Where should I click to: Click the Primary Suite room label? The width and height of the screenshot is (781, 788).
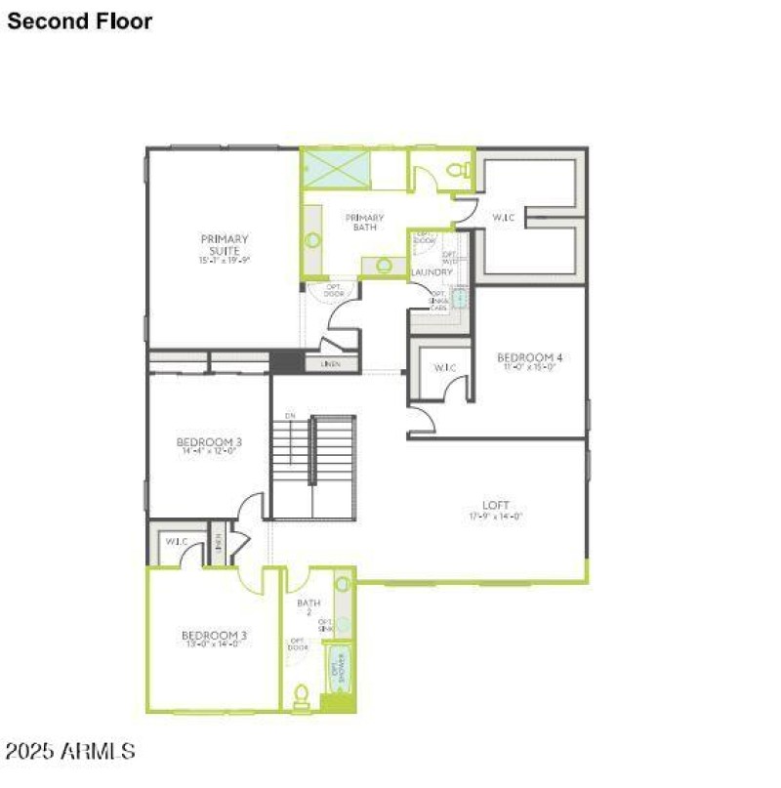225,244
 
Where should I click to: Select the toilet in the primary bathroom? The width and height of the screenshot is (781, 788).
455,171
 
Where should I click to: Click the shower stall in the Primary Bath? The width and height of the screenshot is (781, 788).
336,169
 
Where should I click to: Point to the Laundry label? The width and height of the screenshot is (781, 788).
432,272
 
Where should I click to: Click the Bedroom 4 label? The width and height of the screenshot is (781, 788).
529,357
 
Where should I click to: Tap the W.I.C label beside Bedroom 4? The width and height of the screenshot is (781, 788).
444,367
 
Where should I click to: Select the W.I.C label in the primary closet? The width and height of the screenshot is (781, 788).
504,217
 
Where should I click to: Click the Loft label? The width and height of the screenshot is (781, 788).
496,505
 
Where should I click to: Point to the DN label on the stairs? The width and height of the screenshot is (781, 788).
290,417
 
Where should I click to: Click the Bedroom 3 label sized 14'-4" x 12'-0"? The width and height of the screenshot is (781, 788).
209,442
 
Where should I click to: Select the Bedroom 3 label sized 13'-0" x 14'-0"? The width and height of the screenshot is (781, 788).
214,637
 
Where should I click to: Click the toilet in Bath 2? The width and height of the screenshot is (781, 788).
302,695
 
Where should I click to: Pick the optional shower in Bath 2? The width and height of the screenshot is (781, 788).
340,668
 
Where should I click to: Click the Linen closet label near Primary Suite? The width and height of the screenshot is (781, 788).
330,363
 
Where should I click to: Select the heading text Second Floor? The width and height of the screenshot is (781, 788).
80,21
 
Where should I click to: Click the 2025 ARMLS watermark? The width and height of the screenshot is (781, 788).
70,751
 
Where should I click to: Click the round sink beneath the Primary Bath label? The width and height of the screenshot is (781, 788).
384,265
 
